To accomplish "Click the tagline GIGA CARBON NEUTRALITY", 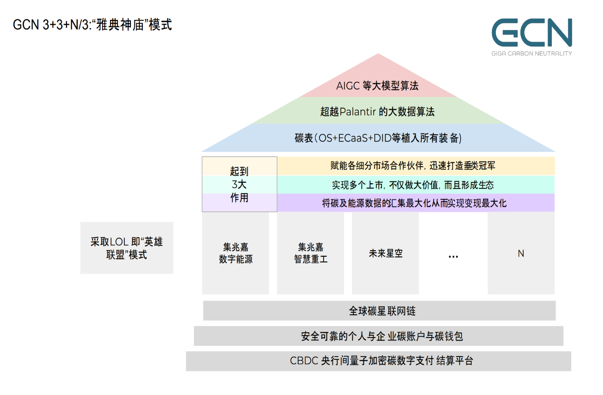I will (x=531, y=53).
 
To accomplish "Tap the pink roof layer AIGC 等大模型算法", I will (x=377, y=86).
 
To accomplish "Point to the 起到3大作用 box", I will (x=239, y=184).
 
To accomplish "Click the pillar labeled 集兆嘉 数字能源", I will (x=235, y=253).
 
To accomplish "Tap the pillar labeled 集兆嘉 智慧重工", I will (x=310, y=253).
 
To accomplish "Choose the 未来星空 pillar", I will (x=385, y=253).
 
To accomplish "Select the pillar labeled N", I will (x=520, y=253).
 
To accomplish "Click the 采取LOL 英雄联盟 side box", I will (x=127, y=248).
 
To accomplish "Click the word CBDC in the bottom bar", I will (x=304, y=361).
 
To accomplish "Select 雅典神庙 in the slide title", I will (x=119, y=25).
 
